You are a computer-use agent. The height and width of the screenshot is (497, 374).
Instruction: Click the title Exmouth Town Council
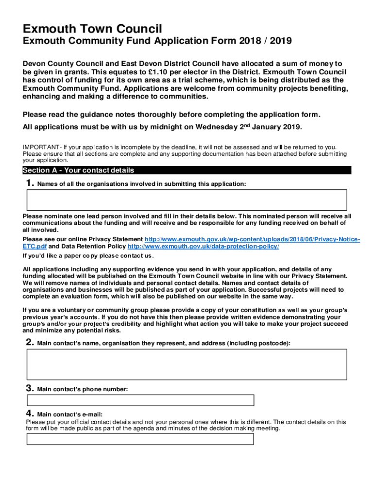click(92, 29)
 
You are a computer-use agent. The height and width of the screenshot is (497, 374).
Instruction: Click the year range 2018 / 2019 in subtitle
click(265, 41)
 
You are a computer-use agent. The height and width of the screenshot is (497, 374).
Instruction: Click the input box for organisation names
click(187, 200)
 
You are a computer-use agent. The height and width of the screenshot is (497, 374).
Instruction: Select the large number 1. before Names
click(30, 183)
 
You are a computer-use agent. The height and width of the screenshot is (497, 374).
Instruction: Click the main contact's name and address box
click(187, 364)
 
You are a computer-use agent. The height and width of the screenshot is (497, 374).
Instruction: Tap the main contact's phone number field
click(140, 400)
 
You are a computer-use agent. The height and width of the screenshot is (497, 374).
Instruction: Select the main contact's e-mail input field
click(140, 439)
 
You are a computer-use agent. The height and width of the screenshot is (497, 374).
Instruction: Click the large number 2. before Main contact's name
click(30, 343)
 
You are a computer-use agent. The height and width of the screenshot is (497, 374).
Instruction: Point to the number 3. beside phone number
click(30, 388)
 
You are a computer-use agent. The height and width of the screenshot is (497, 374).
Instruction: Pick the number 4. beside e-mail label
click(30, 414)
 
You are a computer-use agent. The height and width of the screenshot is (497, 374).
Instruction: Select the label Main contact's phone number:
click(83, 389)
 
